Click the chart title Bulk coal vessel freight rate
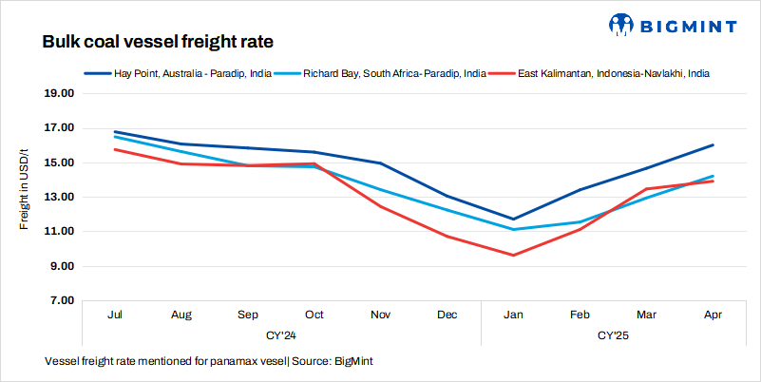(x=159, y=43)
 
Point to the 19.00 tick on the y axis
(x=60, y=94)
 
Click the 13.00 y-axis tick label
(x=60, y=198)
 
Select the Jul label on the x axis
(x=114, y=315)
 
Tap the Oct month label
(x=314, y=315)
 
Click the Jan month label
(x=513, y=315)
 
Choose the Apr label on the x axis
(x=713, y=315)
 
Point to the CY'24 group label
(x=280, y=335)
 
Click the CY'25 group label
(x=613, y=335)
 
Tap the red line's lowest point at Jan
(x=513, y=256)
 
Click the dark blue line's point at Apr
(x=713, y=145)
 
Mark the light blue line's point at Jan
(x=513, y=229)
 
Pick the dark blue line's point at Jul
(x=114, y=132)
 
